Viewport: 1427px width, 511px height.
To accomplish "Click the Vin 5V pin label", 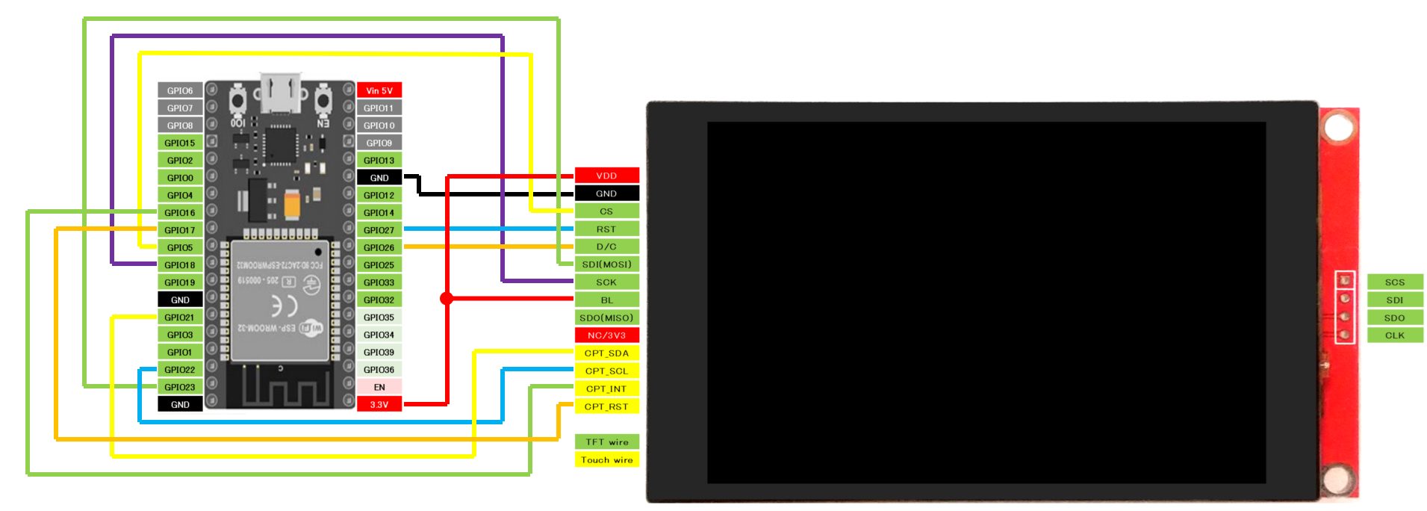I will pyautogui.click(x=379, y=90).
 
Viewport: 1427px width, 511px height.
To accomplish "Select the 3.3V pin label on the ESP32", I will pyautogui.click(x=379, y=405).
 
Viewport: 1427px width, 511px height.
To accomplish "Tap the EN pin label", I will pyautogui.click(x=379, y=387).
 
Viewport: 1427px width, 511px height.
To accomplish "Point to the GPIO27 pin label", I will pyautogui.click(x=379, y=230).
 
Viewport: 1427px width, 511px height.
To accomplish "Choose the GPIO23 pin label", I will pyautogui.click(x=180, y=387).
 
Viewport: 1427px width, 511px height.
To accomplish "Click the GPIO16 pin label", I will pyautogui.click(x=180, y=213).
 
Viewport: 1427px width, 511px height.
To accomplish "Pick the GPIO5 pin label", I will pyautogui.click(x=180, y=247).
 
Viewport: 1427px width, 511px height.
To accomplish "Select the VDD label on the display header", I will pyautogui.click(x=606, y=176).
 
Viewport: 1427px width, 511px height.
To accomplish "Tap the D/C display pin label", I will pyautogui.click(x=606, y=247).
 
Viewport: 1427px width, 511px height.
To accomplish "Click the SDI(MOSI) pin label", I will pyautogui.click(x=606, y=264).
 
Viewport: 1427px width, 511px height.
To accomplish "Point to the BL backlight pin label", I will pyautogui.click(x=606, y=300).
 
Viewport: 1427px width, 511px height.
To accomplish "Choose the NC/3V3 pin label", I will pyautogui.click(x=606, y=335).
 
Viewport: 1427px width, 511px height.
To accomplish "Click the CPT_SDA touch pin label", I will pyautogui.click(x=606, y=353).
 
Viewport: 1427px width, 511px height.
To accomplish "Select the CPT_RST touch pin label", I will pyautogui.click(x=606, y=406).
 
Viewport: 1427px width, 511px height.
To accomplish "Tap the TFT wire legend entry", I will pyautogui.click(x=606, y=442).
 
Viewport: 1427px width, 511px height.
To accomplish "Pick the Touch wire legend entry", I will pyautogui.click(x=606, y=460).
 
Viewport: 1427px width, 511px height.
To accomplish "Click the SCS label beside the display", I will pyautogui.click(x=1394, y=282).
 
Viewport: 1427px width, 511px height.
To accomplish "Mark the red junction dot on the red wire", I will pyautogui.click(x=447, y=299).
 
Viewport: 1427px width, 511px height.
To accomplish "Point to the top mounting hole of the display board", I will pyautogui.click(x=1337, y=127).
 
